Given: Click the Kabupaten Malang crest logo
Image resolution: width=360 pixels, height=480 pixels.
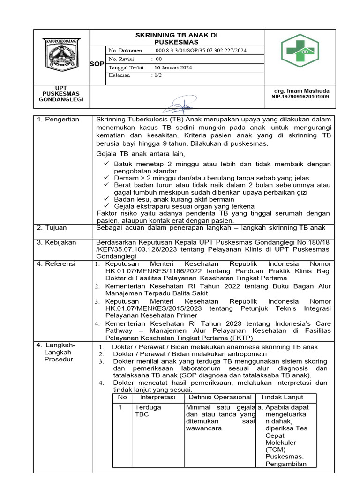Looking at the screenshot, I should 61,54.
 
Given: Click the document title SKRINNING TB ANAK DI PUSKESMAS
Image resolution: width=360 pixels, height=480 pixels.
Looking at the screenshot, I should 176,38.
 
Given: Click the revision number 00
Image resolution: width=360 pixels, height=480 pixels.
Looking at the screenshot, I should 158,59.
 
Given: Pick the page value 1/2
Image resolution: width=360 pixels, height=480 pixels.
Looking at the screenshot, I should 158,75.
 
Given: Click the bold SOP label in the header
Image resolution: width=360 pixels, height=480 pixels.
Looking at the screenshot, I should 97,64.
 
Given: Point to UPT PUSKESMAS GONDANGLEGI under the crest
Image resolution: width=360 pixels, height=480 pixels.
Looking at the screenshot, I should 61,94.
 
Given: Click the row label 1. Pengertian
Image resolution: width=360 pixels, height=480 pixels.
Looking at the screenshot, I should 59,120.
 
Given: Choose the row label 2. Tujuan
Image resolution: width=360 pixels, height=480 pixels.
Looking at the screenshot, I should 52,228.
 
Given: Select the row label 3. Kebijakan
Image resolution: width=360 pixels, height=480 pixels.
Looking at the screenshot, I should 56,242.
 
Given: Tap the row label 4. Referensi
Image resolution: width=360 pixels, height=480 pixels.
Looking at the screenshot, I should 56,264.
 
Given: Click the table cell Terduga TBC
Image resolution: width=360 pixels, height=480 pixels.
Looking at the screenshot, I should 148,411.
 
